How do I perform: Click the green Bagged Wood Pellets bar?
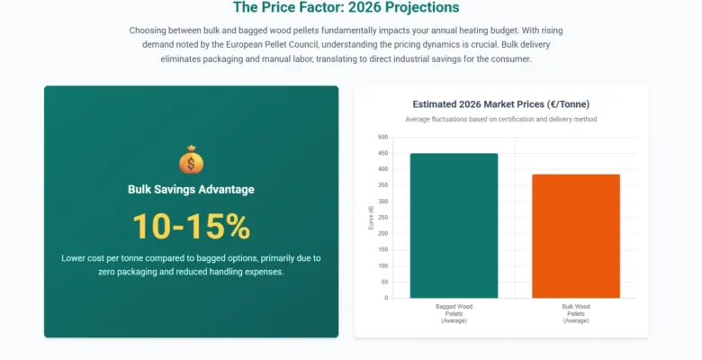click(454, 225)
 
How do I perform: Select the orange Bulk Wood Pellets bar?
click(575, 236)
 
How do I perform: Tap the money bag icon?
click(191, 160)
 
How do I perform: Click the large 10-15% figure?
click(191, 227)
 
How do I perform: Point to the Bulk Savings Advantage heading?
click(191, 189)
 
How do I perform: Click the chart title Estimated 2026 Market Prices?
click(500, 104)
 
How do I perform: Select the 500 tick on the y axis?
click(382, 137)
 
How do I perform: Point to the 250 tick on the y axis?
click(382, 218)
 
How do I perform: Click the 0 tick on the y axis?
click(385, 298)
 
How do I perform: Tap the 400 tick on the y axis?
click(382, 169)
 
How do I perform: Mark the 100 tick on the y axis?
click(382, 265)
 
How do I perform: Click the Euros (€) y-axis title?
click(371, 218)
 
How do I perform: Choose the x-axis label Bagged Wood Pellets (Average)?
click(454, 313)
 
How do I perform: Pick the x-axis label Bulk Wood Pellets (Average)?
click(575, 313)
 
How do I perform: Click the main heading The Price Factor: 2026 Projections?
click(346, 8)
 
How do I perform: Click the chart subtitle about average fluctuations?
click(500, 119)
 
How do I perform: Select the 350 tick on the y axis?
click(382, 185)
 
